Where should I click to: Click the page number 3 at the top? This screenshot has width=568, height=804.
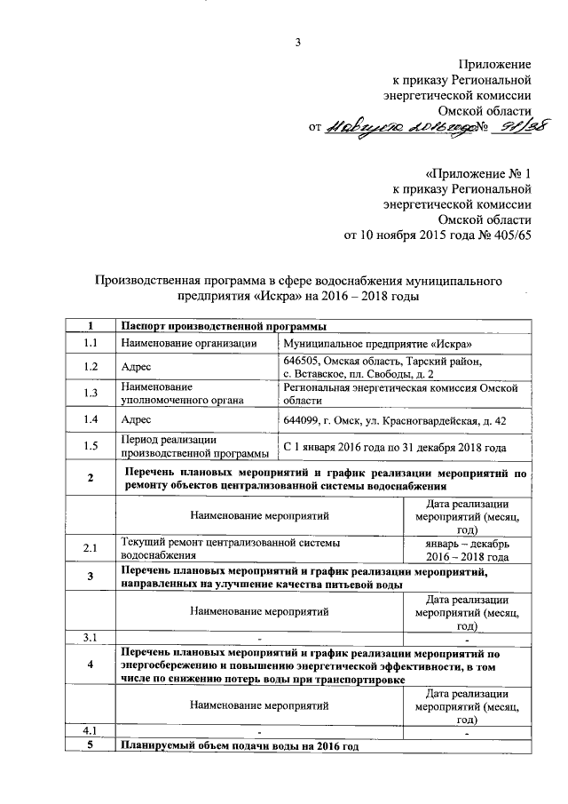point(299,43)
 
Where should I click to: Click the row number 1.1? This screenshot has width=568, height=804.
point(91,343)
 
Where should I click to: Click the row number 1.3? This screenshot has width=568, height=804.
point(91,394)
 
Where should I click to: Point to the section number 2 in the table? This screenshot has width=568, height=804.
point(91,481)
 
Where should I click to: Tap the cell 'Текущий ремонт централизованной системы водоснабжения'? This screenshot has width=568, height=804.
point(231,551)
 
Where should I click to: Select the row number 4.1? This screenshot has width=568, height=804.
point(91,731)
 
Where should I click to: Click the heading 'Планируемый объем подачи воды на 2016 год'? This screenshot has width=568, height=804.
point(240,746)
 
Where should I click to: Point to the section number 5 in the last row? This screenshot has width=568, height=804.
point(91,746)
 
